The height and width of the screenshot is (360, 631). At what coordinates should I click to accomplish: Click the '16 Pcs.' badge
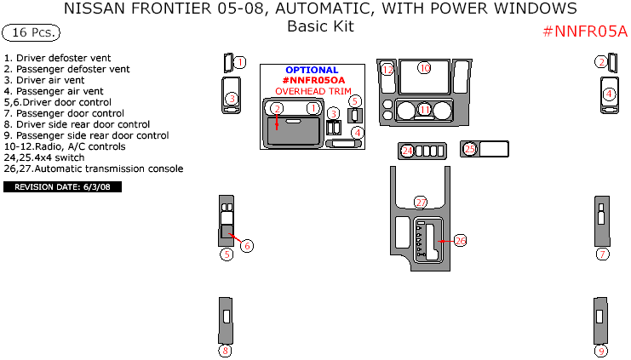click(x=31, y=33)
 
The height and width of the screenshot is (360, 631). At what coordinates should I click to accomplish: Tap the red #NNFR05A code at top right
click(x=584, y=31)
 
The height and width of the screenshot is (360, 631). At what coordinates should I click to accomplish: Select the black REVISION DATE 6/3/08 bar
click(x=63, y=186)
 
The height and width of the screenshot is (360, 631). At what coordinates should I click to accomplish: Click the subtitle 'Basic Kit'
click(x=319, y=26)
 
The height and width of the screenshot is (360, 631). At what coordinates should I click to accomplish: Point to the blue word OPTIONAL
click(x=312, y=70)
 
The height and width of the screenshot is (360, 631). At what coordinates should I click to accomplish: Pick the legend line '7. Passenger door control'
click(x=64, y=112)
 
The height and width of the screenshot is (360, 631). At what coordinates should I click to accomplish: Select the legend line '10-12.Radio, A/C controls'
click(x=65, y=146)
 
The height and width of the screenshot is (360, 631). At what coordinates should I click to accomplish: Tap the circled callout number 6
click(x=247, y=246)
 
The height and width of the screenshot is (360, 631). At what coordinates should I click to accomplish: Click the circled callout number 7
click(x=602, y=254)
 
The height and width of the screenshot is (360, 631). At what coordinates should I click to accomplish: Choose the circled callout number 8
click(x=225, y=350)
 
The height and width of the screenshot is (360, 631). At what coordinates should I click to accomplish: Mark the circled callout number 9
click(x=601, y=350)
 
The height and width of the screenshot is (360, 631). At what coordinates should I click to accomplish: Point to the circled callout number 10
click(x=424, y=67)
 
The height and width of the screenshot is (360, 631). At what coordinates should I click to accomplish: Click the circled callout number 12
click(x=387, y=69)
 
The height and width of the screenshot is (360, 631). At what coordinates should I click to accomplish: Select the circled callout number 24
click(x=407, y=151)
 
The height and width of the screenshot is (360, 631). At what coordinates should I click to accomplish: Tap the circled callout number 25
click(x=469, y=149)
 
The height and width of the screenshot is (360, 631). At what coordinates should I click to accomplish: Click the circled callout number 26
click(x=460, y=241)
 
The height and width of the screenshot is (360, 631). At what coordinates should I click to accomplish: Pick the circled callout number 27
click(x=420, y=202)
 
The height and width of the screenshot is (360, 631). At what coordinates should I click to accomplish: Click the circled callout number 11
click(x=424, y=110)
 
